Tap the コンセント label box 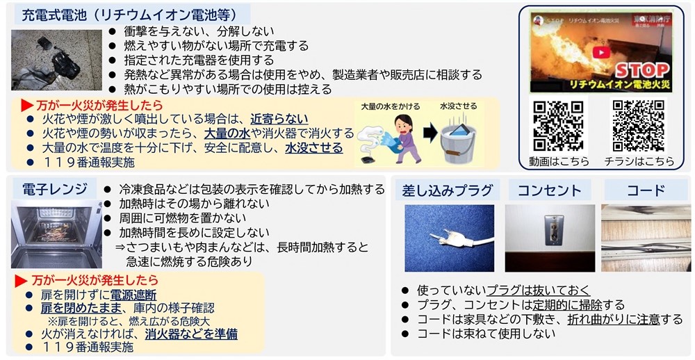pos(549,190)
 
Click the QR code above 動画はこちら pos(557,126)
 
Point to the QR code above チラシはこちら pos(638,126)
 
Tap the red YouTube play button pos(601,52)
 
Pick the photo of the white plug pos(449,237)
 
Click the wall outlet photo pos(550,237)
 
